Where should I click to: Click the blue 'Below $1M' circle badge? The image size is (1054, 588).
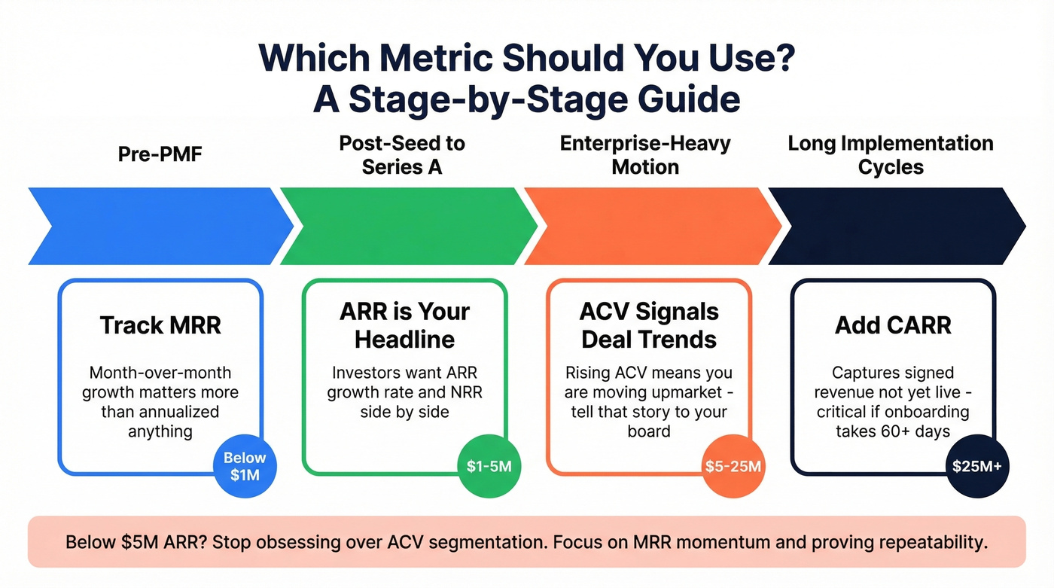(x=245, y=467)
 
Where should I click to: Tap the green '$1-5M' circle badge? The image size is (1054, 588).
(x=489, y=466)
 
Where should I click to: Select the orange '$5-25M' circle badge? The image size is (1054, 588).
(x=733, y=466)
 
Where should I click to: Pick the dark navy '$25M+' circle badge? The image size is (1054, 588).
(x=977, y=466)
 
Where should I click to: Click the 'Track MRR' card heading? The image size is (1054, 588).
(x=160, y=325)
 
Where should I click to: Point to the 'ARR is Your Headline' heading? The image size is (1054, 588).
(x=404, y=325)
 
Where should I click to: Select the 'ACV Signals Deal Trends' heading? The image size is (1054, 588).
(x=649, y=325)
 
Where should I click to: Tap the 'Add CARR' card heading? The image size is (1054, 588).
(x=893, y=325)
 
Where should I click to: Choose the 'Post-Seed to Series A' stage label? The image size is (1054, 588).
(x=402, y=154)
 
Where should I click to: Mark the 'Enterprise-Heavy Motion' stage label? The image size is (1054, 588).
(x=645, y=154)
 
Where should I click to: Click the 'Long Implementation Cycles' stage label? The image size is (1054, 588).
(x=891, y=154)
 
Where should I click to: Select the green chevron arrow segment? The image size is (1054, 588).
(x=407, y=226)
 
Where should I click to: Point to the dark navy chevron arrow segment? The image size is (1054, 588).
(x=896, y=226)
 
